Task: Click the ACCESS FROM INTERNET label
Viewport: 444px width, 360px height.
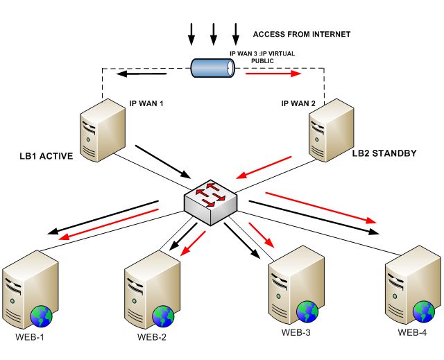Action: coord(302,34)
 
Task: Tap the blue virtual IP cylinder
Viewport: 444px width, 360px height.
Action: coord(213,68)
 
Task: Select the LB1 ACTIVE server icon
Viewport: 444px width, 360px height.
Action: coord(103,130)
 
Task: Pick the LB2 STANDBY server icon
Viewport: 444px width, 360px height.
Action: coord(332,130)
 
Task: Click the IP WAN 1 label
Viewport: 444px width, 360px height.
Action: coord(146,103)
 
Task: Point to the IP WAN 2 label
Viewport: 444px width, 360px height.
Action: coord(298,103)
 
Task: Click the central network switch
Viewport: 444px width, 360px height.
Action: coord(210,203)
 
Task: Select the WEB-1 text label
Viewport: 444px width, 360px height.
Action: coord(30,337)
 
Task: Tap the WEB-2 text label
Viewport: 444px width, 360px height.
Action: coord(152,337)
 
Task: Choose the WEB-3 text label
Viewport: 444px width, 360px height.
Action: coord(296,332)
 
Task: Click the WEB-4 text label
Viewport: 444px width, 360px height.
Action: coord(412,332)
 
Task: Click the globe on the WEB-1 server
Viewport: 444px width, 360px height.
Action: coord(42,316)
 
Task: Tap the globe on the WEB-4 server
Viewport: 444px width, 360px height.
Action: coord(424,311)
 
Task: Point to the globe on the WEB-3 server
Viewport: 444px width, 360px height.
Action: coord(307,311)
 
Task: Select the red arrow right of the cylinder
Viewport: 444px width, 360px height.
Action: coord(273,74)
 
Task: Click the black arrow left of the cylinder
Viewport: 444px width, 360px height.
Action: coord(142,74)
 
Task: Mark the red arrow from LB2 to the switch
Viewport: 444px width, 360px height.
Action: coord(264,168)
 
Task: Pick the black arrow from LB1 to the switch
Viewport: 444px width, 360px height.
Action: coord(163,162)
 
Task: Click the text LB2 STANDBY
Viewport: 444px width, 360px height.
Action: coord(384,153)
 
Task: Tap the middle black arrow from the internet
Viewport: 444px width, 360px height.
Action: coord(214,34)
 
